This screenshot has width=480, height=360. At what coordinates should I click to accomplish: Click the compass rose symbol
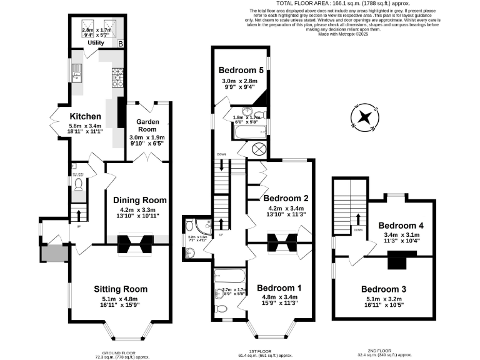(365, 117)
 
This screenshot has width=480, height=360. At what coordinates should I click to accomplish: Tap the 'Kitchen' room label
(85, 116)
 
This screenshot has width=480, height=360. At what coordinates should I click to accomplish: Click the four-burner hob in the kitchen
(117, 77)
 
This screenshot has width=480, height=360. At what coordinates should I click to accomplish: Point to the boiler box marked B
(121, 43)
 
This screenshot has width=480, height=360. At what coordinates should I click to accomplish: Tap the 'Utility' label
(96, 43)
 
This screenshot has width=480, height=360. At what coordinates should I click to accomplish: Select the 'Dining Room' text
(140, 200)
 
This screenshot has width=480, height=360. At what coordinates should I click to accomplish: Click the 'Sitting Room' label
(121, 289)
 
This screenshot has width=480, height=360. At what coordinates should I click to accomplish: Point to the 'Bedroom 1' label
(279, 287)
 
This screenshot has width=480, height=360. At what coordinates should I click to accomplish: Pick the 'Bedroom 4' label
(401, 225)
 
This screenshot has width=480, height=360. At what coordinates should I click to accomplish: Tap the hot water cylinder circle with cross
(259, 150)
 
